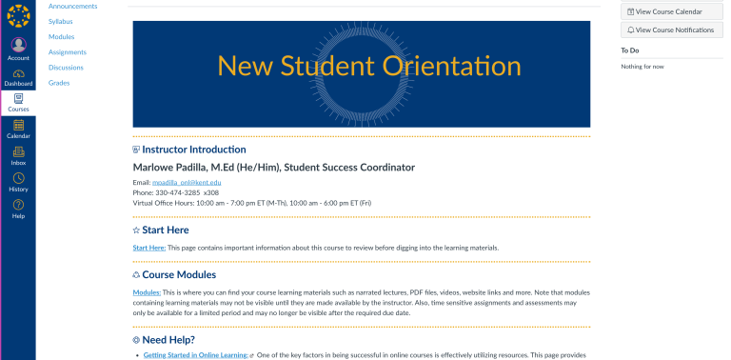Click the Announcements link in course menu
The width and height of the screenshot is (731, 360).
(66, 6)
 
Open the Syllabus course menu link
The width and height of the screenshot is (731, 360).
(60, 21)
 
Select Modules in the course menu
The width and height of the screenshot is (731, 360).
(61, 36)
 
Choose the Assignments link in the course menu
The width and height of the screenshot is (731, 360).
(67, 51)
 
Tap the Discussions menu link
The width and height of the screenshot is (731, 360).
(66, 68)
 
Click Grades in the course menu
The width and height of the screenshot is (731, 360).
(59, 83)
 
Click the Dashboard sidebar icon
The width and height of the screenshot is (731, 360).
(18, 76)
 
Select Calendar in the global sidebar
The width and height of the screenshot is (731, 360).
(18, 128)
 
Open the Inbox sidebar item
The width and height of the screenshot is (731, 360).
(18, 155)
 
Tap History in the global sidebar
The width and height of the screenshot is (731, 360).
(18, 182)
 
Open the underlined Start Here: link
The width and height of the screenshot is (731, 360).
(149, 248)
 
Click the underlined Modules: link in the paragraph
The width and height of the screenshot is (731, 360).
(147, 292)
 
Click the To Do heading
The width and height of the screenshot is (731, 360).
(630, 50)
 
